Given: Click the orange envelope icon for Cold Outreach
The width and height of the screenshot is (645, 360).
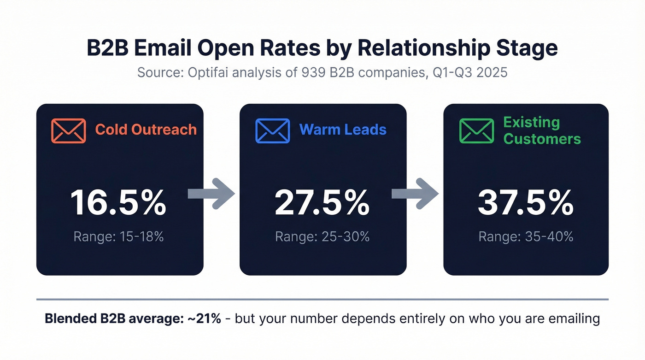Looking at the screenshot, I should click(68, 130).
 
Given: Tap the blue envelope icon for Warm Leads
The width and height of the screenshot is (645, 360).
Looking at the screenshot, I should click(272, 130).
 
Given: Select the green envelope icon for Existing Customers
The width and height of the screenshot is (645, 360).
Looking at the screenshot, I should click(476, 130).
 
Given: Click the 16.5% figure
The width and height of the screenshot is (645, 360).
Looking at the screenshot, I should click(118, 203).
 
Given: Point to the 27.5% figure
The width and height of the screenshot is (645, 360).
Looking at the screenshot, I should click(322, 203).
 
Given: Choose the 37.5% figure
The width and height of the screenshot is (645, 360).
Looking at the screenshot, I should click(526, 203).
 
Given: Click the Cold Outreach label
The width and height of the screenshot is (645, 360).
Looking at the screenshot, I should click(146, 130).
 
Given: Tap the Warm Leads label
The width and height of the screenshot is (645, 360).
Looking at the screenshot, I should click(343, 130).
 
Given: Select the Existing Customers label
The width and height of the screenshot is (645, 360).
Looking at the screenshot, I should click(542, 130).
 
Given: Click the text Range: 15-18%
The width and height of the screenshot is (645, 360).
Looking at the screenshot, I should click(118, 237).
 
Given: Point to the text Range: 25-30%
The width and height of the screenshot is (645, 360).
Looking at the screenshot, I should click(322, 237).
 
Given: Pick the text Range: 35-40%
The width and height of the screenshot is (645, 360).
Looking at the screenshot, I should click(526, 237).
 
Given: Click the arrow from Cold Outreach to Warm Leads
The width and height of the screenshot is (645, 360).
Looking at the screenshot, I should click(212, 194).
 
